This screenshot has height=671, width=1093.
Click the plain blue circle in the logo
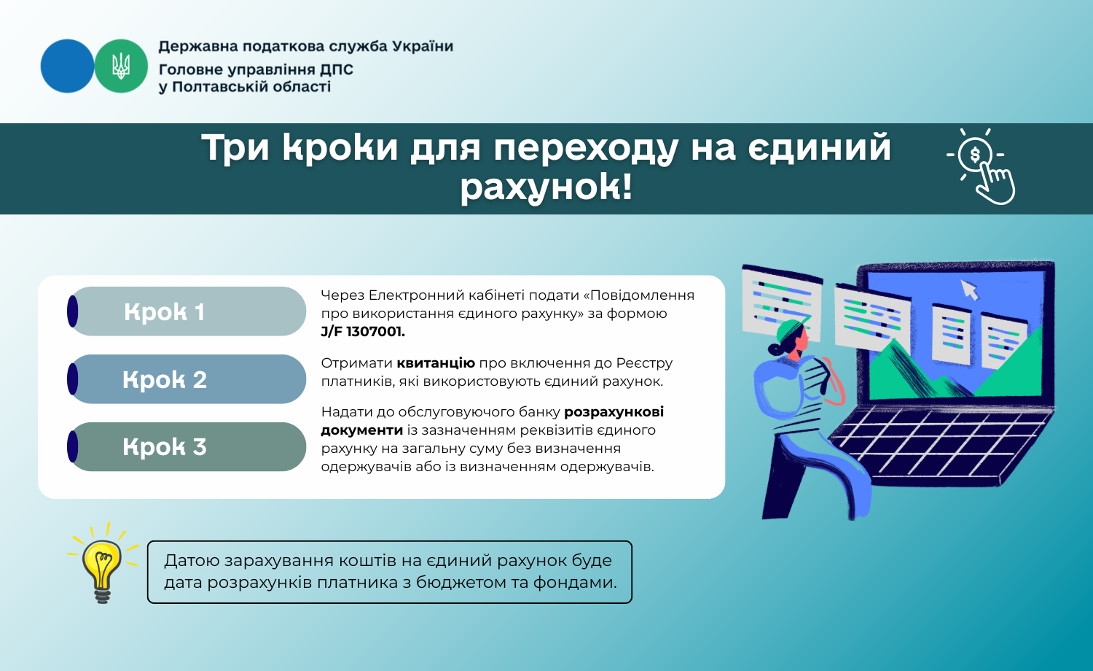(67, 66)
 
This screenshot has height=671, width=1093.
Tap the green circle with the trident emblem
(121, 66)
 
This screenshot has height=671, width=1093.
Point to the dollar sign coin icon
(975, 155)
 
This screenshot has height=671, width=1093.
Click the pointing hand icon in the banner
(995, 184)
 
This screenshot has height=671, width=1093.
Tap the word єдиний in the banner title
(819, 147)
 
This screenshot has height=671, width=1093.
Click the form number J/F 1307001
(363, 332)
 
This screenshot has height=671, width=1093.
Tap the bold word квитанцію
(436, 363)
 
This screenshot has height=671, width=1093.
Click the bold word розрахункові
(614, 412)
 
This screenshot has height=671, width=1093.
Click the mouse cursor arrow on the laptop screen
(969, 290)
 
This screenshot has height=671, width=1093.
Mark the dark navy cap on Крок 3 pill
(73, 447)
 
